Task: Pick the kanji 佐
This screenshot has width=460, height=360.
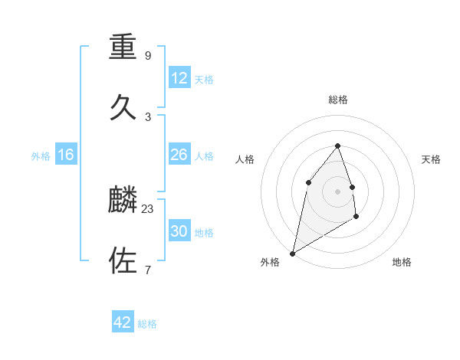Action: (x=123, y=260)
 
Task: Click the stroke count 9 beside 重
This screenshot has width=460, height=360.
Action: (x=148, y=56)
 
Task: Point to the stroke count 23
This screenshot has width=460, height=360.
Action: (x=148, y=208)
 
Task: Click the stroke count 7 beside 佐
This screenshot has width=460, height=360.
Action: (x=148, y=269)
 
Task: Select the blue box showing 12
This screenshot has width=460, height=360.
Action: (x=179, y=78)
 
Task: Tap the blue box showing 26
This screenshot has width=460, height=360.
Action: (x=179, y=155)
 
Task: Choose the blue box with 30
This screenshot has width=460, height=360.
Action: (x=179, y=231)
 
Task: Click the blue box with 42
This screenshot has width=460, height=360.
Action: (x=123, y=322)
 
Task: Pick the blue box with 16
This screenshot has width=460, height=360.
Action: (x=66, y=155)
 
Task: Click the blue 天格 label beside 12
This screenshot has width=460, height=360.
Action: (x=204, y=80)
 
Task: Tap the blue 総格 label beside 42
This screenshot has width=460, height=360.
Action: (x=147, y=324)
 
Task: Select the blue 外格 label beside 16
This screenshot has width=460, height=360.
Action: (x=41, y=156)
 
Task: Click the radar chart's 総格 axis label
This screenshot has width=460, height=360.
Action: (x=338, y=100)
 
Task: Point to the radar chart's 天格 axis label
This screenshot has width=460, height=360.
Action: (x=432, y=159)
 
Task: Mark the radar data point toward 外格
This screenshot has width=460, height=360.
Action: (x=292, y=254)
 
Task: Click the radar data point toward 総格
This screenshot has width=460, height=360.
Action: (x=337, y=146)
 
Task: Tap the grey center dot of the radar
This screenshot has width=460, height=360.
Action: (x=337, y=191)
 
